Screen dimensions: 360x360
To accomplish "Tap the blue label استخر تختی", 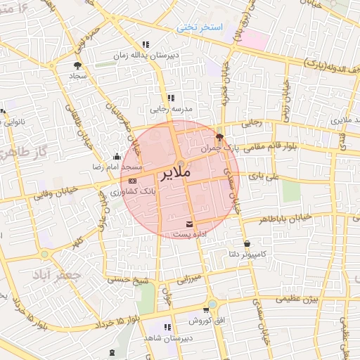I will coord(200,27).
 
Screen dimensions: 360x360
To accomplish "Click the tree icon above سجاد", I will coord(76,65).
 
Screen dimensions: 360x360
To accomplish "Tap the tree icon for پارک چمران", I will coord(219,137).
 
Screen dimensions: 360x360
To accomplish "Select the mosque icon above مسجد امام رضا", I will coord(116,157).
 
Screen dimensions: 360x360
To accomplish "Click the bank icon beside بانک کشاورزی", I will coord(133,181).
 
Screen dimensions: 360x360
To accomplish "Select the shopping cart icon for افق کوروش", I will coord(205,309).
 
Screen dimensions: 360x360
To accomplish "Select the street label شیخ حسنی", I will coord(127,280).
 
